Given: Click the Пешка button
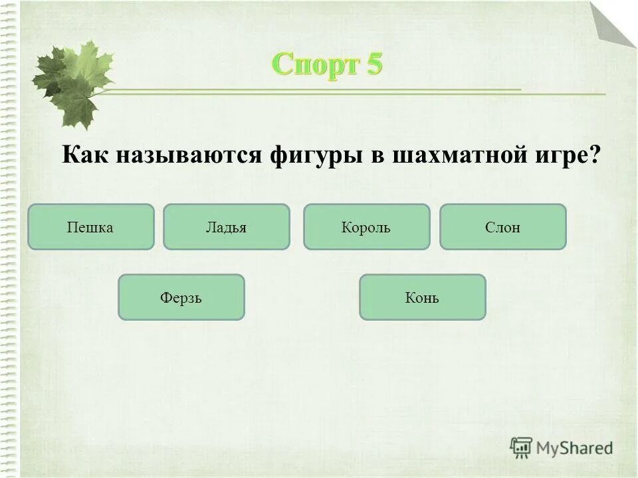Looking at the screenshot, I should tap(91, 227).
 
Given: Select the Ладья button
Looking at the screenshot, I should tap(227, 227).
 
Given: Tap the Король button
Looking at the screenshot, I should tap(366, 227).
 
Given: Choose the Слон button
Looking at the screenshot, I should tap(502, 227).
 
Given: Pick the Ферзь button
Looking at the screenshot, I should tap(181, 297).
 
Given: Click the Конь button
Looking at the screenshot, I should tap(422, 297).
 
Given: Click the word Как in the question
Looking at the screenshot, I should tap(87, 155).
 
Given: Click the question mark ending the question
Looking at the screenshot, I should tap(593, 155).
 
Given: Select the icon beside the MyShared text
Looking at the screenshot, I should tap(521, 447).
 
